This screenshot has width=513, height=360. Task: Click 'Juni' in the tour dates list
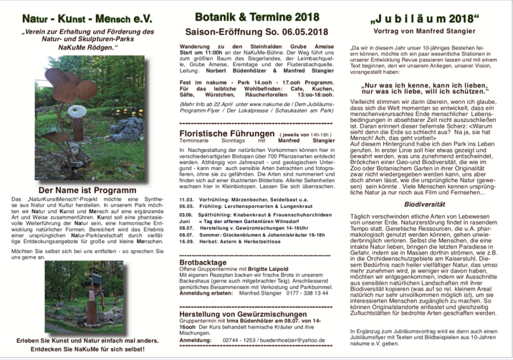(185, 220)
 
